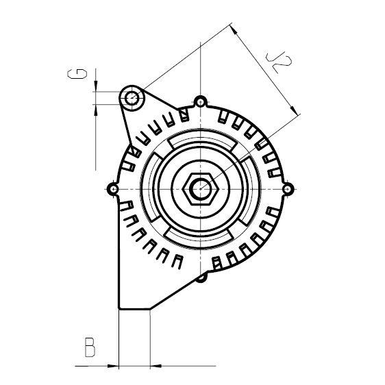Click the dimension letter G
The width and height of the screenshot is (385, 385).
coord(79,75)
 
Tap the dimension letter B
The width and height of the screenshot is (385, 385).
coord(88,347)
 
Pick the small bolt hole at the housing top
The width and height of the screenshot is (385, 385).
coord(199,103)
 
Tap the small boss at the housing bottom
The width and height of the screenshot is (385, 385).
coord(201,277)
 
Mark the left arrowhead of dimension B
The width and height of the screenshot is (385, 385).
coord(114,364)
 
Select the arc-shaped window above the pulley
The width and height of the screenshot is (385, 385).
coord(199,142)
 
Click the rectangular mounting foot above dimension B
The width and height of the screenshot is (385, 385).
coord(134,295)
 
